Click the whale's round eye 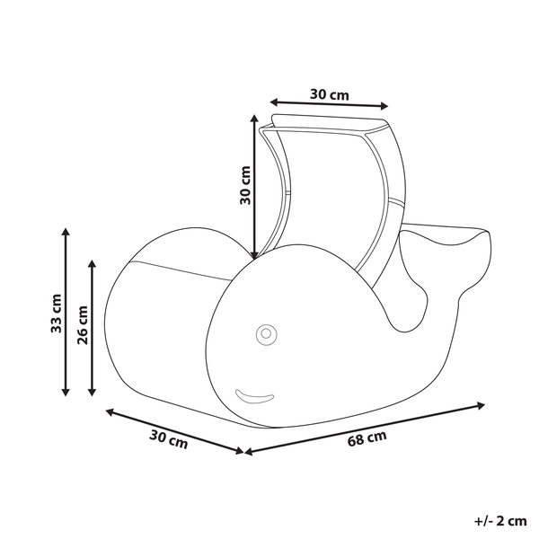tap(266, 334)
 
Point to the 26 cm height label tap(83, 325)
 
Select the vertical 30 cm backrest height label tap(245, 186)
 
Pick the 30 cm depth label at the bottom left tap(169, 440)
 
